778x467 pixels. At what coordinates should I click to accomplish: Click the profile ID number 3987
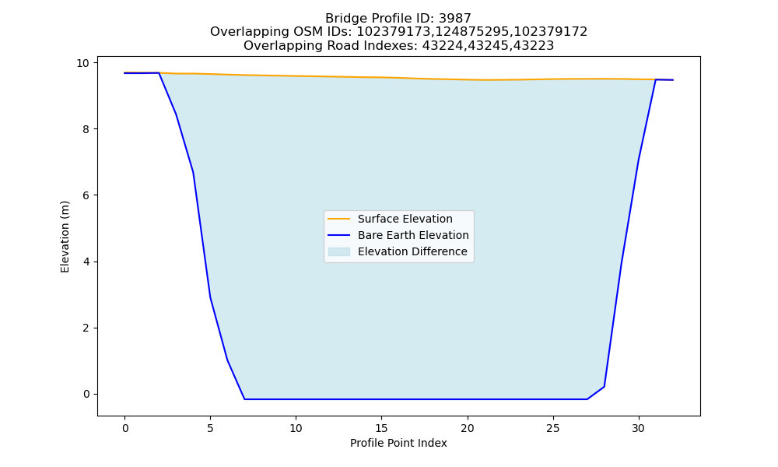(455, 19)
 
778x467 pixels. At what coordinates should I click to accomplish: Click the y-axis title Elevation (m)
(65, 237)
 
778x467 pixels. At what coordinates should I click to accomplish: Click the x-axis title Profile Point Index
(398, 443)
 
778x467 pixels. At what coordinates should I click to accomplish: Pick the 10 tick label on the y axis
(82, 63)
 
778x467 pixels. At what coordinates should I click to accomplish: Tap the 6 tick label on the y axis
(86, 195)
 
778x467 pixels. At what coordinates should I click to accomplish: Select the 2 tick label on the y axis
(86, 328)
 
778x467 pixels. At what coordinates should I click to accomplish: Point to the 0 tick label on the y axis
(86, 395)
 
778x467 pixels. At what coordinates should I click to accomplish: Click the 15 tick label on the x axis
(381, 428)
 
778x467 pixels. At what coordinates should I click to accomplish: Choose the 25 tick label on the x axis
(552, 428)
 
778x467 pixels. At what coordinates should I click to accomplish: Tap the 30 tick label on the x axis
(639, 428)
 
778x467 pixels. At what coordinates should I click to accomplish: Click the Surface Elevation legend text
(405, 219)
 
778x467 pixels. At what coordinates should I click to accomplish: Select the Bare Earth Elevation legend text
(413, 235)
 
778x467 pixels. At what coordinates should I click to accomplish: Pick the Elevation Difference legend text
(412, 251)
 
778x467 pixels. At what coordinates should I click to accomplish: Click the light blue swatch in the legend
(339, 251)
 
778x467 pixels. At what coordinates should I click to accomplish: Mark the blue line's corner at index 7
(244, 399)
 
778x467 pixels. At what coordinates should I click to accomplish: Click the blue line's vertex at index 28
(604, 387)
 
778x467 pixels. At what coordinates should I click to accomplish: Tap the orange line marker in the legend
(339, 219)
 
